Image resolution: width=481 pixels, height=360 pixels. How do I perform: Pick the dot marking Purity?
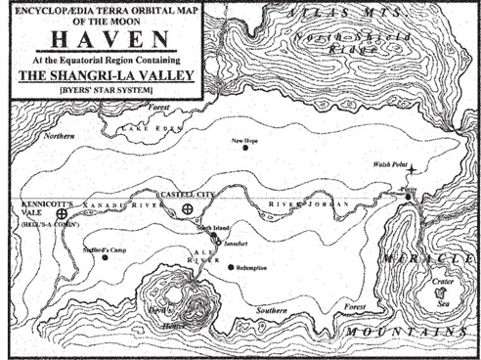pyautogui.click(x=410, y=197)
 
